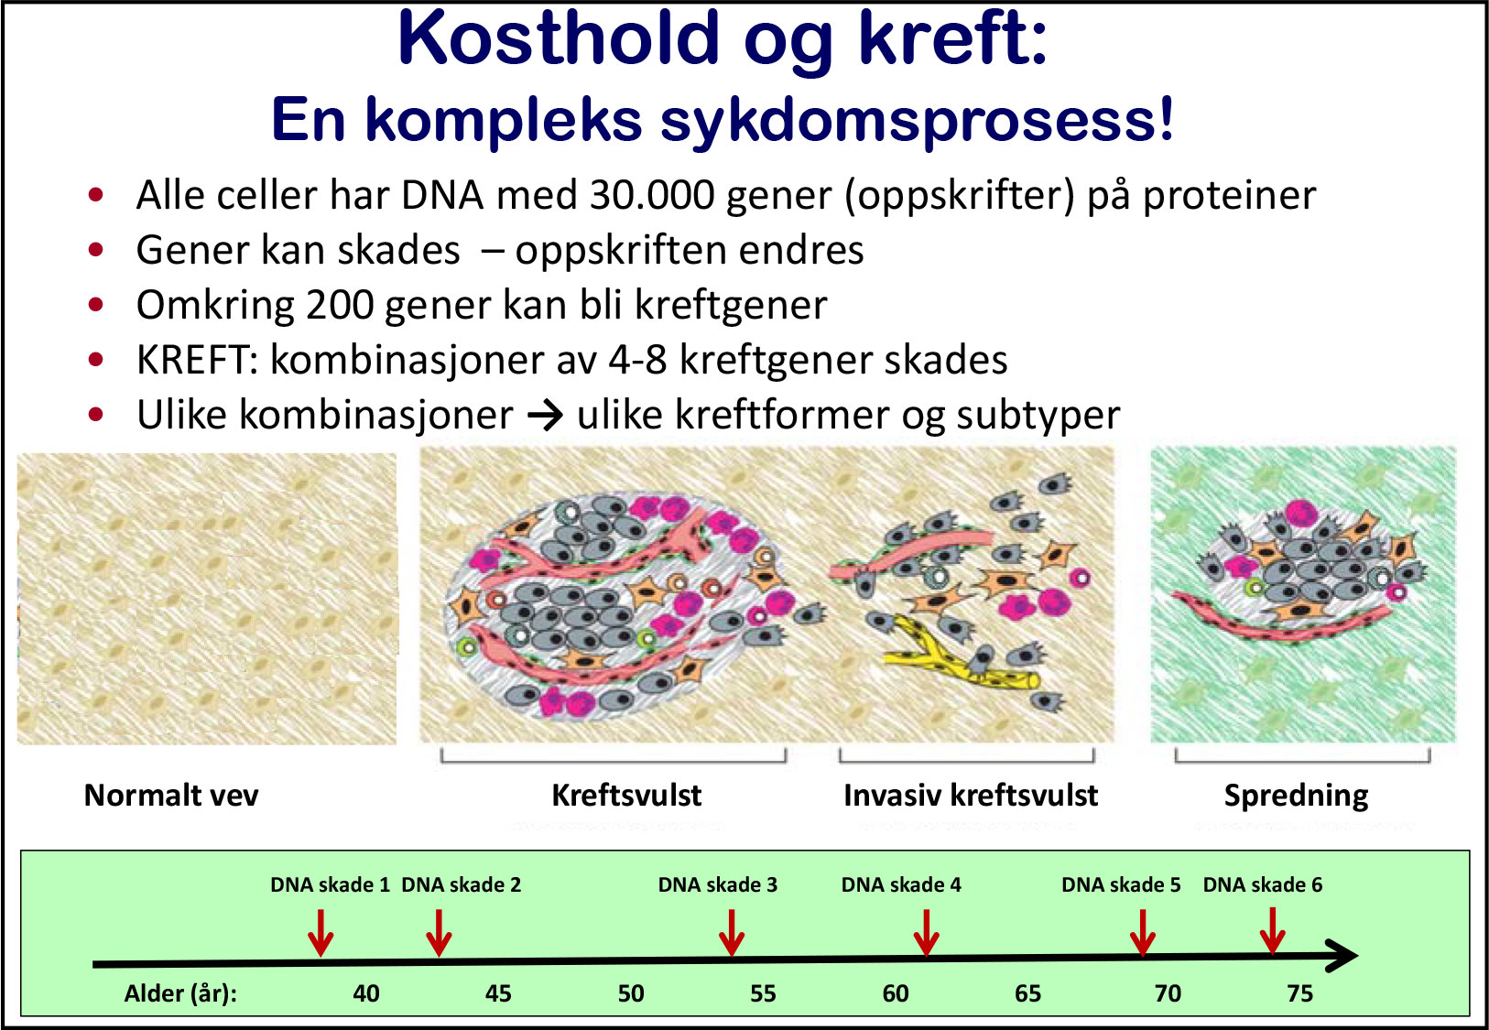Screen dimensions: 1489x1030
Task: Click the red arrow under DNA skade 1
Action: pos(321,933)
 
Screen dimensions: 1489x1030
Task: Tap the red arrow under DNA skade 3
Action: pos(731,933)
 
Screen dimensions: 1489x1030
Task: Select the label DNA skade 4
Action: pos(901,884)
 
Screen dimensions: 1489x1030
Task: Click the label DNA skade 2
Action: pos(461,884)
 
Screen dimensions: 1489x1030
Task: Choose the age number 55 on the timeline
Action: pos(763,993)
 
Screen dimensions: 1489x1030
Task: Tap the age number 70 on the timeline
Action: pos(1168,993)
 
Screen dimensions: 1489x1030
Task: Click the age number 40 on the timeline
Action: pos(365,993)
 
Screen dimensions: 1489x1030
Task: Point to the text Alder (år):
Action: pos(180,994)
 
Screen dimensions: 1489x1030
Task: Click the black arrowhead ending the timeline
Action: pos(1342,956)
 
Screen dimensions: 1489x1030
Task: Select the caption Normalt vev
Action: pos(171,796)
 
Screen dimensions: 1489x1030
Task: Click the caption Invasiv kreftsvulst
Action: pos(971,796)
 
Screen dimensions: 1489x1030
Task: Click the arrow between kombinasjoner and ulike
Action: pos(545,417)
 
